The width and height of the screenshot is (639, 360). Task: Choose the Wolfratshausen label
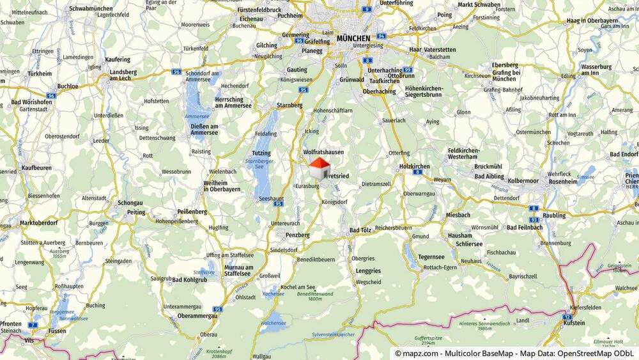323,152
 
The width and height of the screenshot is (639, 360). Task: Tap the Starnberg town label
289,105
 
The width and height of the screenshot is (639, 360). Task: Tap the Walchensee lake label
273,324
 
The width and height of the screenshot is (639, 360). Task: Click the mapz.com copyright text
416,353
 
